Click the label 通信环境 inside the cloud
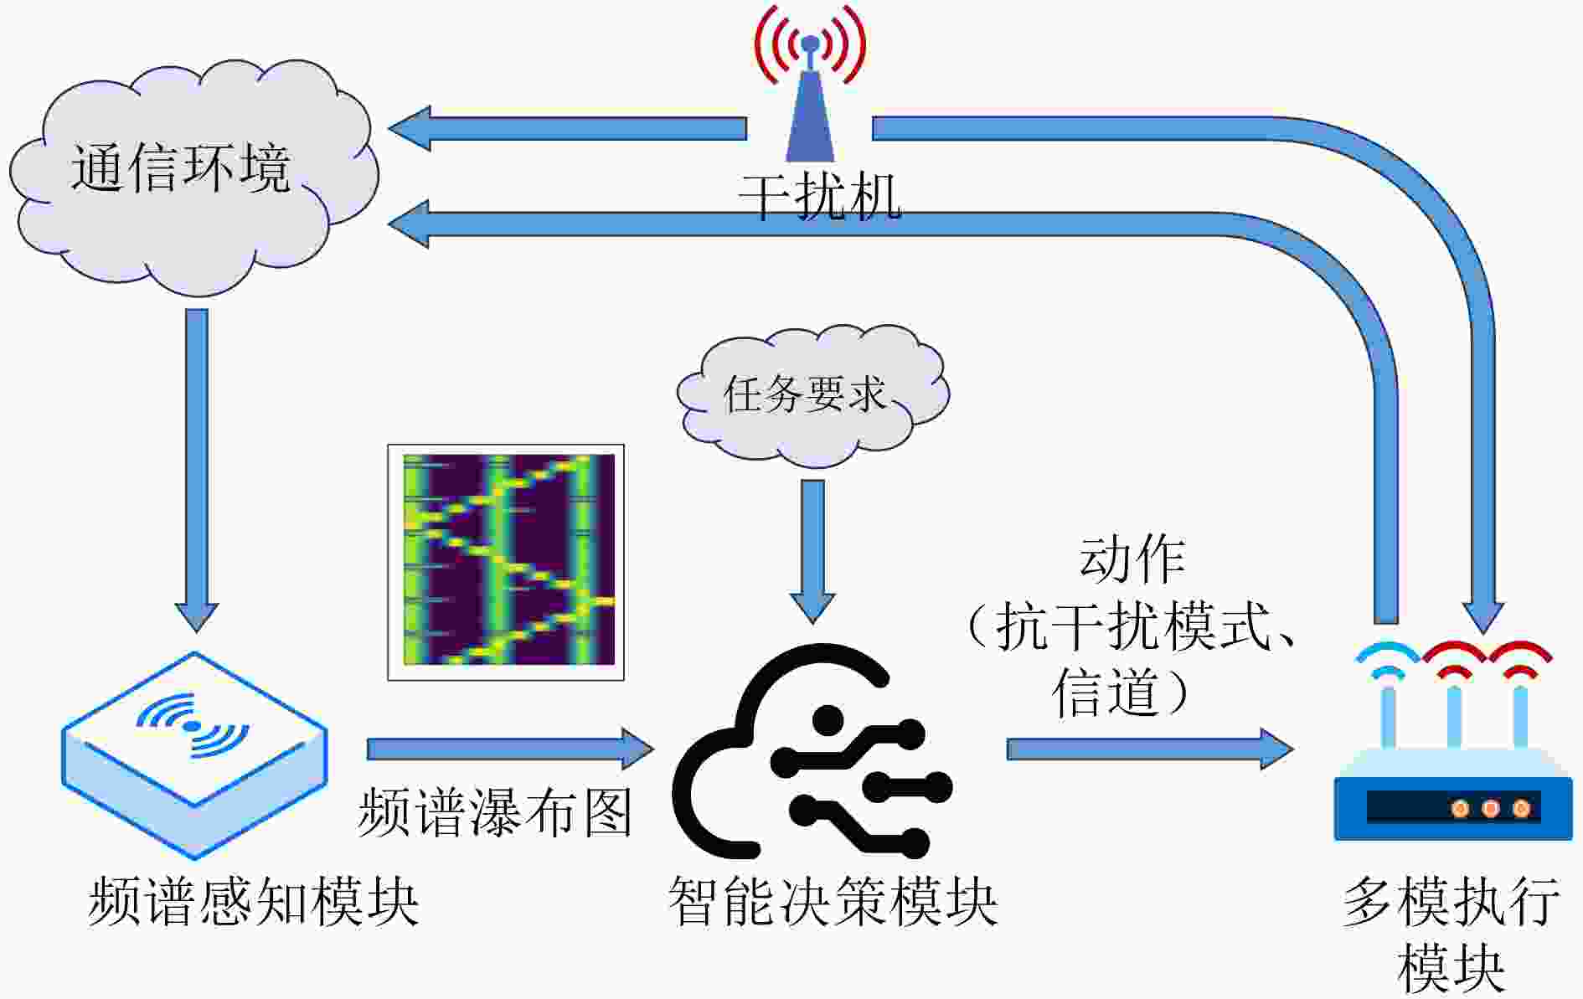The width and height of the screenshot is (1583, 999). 181,168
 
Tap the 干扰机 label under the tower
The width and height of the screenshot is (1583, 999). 820,197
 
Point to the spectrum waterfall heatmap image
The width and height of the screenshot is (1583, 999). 506,562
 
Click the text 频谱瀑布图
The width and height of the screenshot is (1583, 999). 495,813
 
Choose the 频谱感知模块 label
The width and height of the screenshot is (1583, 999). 253,902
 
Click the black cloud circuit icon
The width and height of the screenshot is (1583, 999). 812,751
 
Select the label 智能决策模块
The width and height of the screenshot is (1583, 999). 833,902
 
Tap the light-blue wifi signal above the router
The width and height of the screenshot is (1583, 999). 1388,658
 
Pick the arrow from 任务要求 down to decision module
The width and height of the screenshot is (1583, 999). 812,551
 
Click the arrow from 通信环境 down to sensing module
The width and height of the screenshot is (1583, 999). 197,470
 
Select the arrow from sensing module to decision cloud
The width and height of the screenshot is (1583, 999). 510,749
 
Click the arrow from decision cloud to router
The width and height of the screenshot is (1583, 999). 1150,749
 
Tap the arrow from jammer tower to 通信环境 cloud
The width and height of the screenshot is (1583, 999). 567,128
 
